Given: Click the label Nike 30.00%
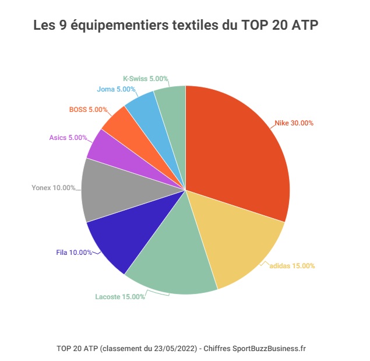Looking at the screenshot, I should tap(294, 123).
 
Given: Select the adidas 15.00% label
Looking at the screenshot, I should tap(292, 266).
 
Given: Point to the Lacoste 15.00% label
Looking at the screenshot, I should tap(120, 297).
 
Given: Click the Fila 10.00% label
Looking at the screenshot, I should tap(74, 253).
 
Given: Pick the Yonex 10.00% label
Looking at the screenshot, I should tap(53, 188).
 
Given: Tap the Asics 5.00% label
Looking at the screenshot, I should tap(68, 138).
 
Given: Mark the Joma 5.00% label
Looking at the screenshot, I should tap(116, 89).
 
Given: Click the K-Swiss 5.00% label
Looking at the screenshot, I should tap(146, 78).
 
